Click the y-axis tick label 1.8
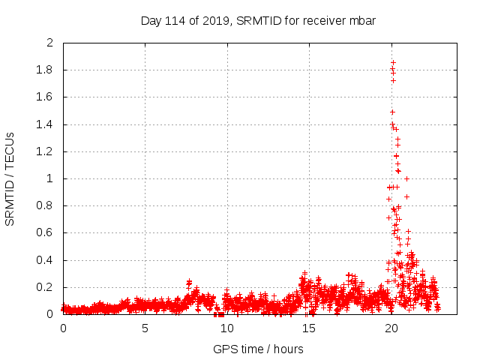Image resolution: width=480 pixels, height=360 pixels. click(x=46, y=70)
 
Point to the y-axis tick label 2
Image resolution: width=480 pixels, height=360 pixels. click(x=50, y=43)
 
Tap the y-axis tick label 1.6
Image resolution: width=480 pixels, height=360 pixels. click(x=46, y=97)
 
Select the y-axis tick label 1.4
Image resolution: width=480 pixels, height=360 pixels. click(x=46, y=124)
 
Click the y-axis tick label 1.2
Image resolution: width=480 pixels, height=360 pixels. click(x=46, y=151)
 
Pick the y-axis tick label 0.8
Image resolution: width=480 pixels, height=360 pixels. click(x=46, y=206)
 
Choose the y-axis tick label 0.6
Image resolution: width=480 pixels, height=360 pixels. click(x=46, y=233)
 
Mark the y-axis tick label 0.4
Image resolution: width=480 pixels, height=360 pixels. click(x=46, y=260)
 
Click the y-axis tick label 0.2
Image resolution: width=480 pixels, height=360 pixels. click(x=46, y=287)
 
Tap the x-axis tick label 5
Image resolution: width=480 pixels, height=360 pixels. click(x=145, y=328)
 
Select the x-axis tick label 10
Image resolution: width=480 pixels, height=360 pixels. click(x=226, y=328)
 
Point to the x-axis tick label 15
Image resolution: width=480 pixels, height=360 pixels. click(x=308, y=328)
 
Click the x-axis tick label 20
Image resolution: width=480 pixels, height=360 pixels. click(x=391, y=328)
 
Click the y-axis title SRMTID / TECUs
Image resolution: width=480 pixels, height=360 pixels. click(x=10, y=178)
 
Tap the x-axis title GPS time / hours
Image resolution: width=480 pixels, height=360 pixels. click(x=258, y=349)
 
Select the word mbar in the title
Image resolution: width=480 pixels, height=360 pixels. click(x=361, y=20)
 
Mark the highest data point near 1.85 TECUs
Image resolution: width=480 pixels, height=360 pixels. click(x=393, y=62)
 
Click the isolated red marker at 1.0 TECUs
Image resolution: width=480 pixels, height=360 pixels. click(x=406, y=178)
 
